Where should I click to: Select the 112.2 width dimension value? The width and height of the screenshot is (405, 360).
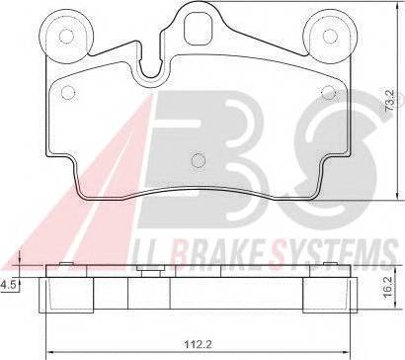pyautogui.click(x=199, y=345)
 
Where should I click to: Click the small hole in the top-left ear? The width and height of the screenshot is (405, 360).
pyautogui.click(x=66, y=36)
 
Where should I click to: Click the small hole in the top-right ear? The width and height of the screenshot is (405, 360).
pyautogui.click(x=330, y=36)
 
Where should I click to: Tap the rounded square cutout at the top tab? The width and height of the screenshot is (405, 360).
pyautogui.click(x=198, y=30)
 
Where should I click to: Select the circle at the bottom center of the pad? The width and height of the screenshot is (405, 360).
pyautogui.click(x=199, y=160)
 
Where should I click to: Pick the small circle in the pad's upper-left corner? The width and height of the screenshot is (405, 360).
pyautogui.click(x=68, y=92)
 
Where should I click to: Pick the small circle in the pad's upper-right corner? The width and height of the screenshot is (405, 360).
pyautogui.click(x=329, y=92)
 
